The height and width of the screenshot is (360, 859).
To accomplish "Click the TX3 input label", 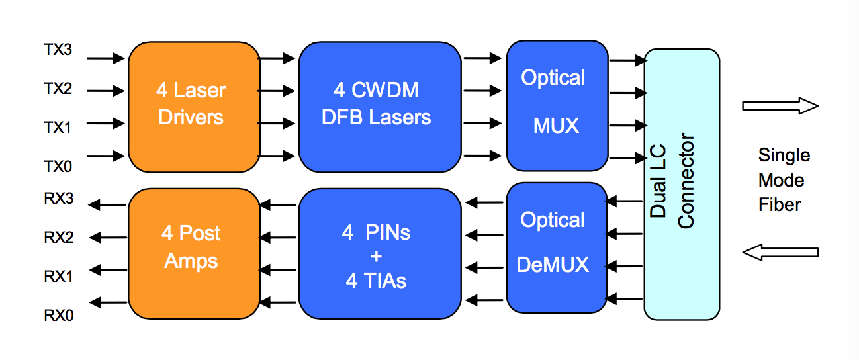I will (58, 50).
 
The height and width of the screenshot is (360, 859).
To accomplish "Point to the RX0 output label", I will (58, 315).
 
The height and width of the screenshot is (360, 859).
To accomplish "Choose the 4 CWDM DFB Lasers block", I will (379, 106).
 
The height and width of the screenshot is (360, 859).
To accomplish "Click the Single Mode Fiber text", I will (784, 180).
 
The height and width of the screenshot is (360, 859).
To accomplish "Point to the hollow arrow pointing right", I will (780, 106).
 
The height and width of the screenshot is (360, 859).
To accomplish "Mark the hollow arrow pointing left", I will (780, 251).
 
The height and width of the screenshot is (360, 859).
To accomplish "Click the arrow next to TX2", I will (105, 90).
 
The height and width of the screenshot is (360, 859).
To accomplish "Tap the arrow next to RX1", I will (109, 269).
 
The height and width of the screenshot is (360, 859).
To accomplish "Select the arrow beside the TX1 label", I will (105, 123).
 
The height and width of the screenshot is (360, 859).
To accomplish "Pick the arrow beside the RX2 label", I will (109, 236).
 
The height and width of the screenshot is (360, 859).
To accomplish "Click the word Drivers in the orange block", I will (191, 118).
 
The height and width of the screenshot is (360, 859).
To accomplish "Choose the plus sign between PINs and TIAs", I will (377, 257).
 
